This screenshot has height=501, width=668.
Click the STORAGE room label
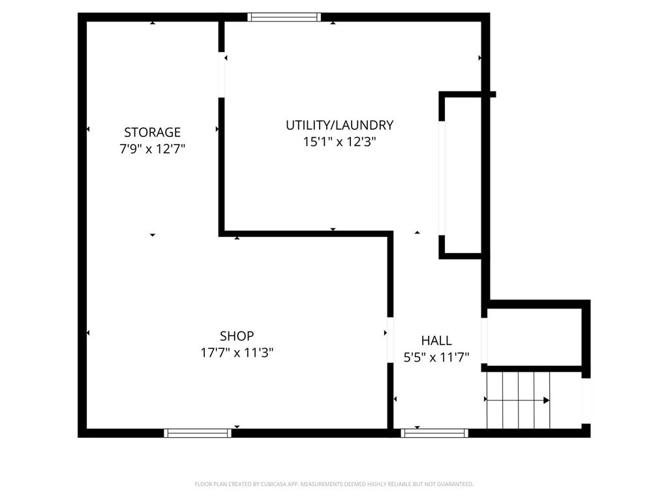click(152, 132)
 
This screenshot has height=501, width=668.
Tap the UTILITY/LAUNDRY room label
click(339, 125)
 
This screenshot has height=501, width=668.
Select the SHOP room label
click(236, 337)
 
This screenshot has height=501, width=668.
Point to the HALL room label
click(436, 341)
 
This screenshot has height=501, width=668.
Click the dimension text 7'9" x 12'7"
click(152, 149)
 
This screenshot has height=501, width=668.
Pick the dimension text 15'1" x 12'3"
click(339, 142)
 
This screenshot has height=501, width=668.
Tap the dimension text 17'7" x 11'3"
click(236, 353)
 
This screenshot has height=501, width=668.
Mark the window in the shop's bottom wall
click(198, 433)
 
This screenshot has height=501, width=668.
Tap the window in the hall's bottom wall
click(434, 433)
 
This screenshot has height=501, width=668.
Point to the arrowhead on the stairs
click(546, 400)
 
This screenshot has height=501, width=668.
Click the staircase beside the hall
click(519, 399)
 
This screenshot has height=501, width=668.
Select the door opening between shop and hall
click(390, 339)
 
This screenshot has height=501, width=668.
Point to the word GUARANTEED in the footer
click(453, 484)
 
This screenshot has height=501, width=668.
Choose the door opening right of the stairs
click(586, 400)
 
